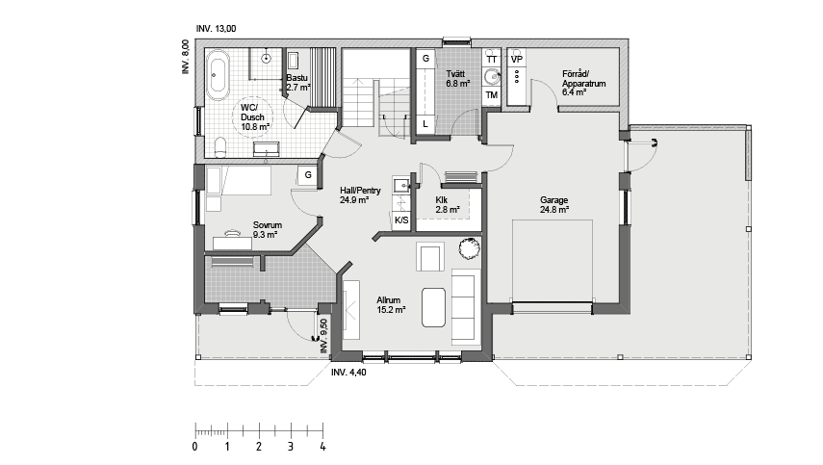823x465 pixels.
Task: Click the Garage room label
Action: (553, 205)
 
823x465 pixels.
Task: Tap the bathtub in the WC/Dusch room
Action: (218, 75)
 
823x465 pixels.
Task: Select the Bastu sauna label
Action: (296, 82)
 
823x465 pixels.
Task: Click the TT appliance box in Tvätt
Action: (492, 60)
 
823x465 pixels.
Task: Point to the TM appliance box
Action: (492, 95)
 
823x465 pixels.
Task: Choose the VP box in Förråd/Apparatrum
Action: (517, 60)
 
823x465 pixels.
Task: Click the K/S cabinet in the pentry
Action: (401, 220)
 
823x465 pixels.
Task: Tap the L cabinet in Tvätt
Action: (424, 123)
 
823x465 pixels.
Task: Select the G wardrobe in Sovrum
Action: (306, 175)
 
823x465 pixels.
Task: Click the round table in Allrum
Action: (469, 248)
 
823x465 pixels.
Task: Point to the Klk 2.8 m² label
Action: (448, 204)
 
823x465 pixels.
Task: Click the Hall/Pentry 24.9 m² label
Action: (361, 195)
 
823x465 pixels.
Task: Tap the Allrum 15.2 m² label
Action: (391, 305)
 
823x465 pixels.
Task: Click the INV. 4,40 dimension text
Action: (347, 372)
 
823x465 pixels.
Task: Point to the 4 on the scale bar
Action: (322, 447)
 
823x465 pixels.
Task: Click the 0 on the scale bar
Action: (195, 447)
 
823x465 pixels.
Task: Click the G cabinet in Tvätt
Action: (424, 60)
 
